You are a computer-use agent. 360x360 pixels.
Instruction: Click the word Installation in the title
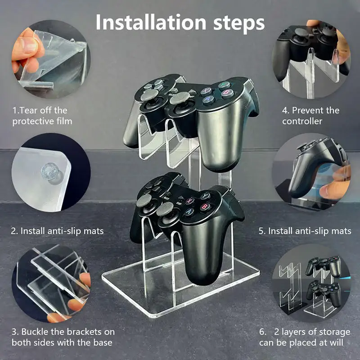coord(151,22)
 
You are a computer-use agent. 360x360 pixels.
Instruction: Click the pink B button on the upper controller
coord(227,93)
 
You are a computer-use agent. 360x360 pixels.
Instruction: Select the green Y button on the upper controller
coord(224,85)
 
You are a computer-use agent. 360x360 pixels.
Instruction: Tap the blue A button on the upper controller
coord(208,99)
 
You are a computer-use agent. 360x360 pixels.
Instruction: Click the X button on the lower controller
coord(189,200)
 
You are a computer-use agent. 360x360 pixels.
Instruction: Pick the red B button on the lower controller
coord(204,207)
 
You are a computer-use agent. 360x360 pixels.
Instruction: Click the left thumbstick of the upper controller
coord(150,95)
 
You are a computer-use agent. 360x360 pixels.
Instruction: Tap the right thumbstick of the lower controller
coord(165,209)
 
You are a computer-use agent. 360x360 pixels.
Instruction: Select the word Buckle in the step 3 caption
coord(35,332)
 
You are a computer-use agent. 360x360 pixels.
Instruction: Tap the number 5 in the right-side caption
coord(261,231)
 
